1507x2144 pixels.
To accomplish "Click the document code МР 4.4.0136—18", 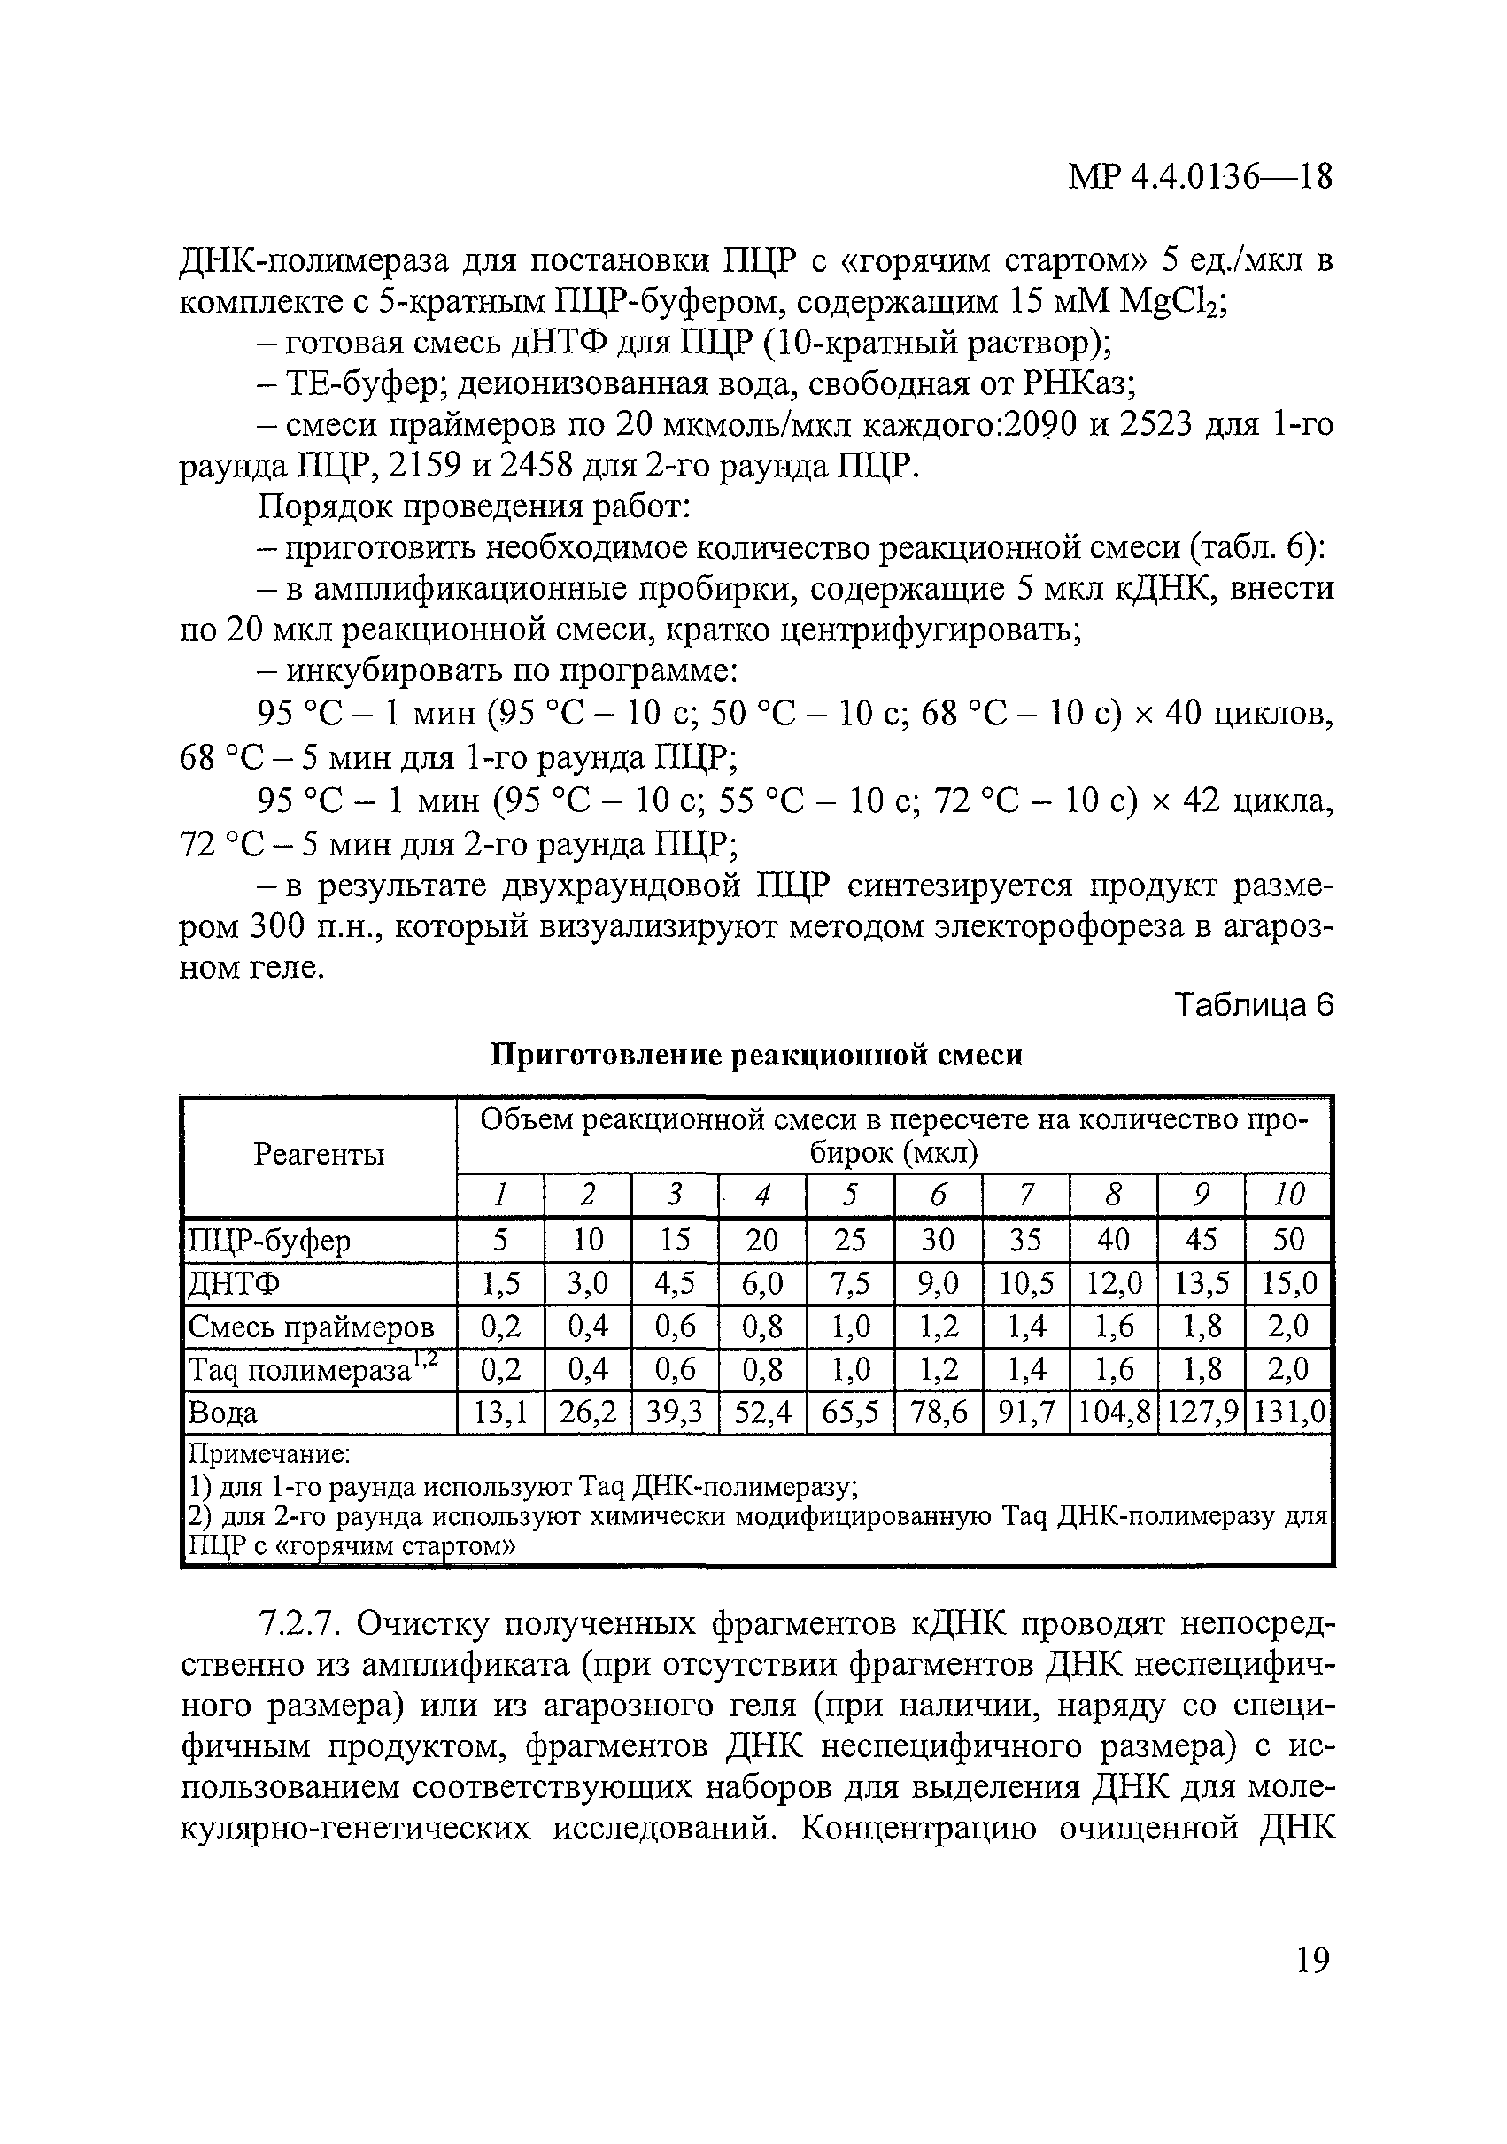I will point(1199,176).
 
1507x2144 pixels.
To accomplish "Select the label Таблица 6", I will point(1253,1006).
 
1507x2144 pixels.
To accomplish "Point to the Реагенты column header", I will point(320,1155).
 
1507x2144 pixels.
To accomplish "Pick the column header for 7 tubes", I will point(1025,1195).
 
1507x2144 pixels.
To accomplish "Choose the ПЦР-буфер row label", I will point(270,1241).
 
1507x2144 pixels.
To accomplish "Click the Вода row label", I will point(223,1413).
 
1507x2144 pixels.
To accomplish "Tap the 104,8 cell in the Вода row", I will point(1113,1413).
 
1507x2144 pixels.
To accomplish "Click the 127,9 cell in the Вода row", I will point(1201,1413).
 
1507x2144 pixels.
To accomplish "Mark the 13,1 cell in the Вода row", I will point(500,1413).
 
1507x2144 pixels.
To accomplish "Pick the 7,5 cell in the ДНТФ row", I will point(850,1285).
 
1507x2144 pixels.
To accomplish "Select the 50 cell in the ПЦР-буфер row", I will point(1287,1241).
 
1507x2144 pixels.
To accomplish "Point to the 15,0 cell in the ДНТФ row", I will point(1287,1285).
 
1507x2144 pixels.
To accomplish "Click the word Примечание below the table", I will point(269,1454).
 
